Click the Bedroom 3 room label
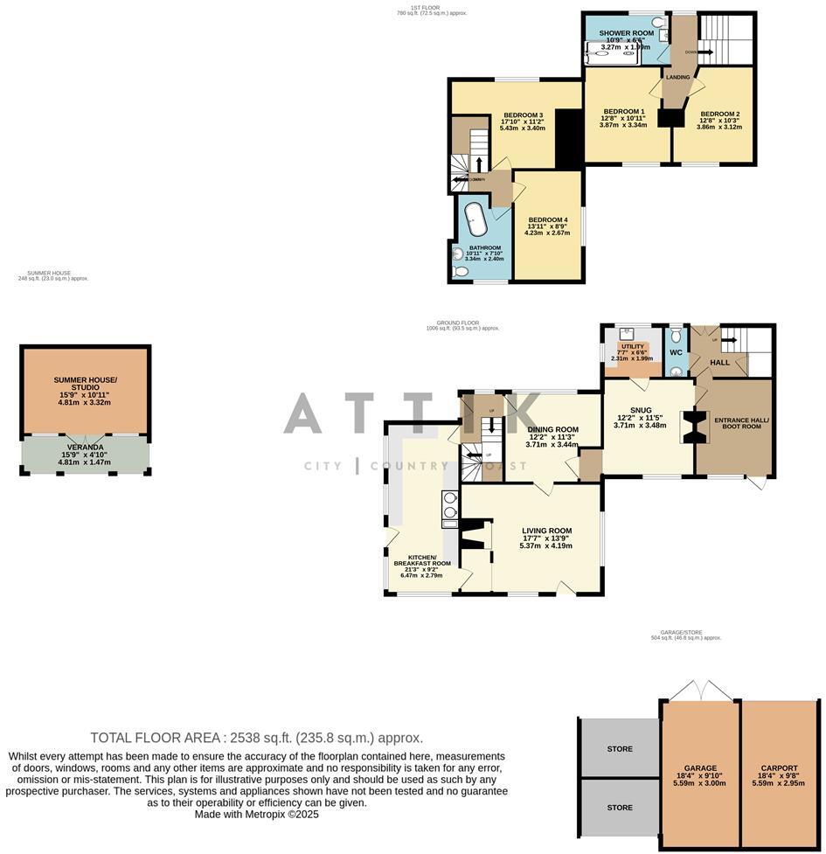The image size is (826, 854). (x=523, y=115)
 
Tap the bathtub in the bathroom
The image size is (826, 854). (x=476, y=219)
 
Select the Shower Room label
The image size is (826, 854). (x=626, y=33)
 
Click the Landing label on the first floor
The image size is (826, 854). (x=677, y=78)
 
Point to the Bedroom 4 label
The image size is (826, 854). (x=546, y=219)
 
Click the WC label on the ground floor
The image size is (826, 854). (x=676, y=353)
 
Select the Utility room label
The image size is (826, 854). (x=632, y=346)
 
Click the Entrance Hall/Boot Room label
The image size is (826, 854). (x=741, y=423)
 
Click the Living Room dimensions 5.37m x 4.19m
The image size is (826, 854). (x=546, y=546)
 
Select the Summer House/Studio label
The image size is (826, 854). (x=85, y=383)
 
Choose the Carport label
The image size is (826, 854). (x=778, y=767)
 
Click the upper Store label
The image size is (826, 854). (x=619, y=749)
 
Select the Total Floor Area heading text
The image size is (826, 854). (x=256, y=738)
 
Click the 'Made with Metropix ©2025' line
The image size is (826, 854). (x=256, y=814)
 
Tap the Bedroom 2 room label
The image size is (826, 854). (x=720, y=114)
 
